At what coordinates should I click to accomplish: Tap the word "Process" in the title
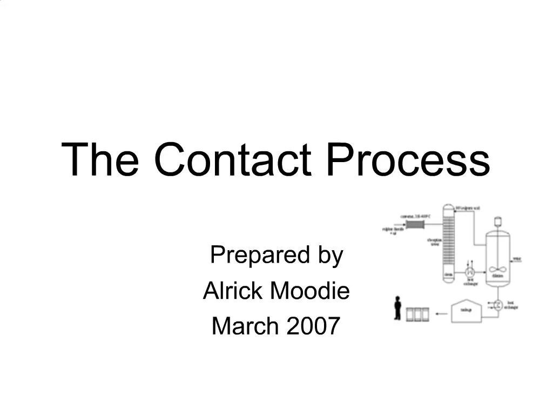408,159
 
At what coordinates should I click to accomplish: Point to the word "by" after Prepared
331,256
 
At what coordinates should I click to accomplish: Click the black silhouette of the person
398,308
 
